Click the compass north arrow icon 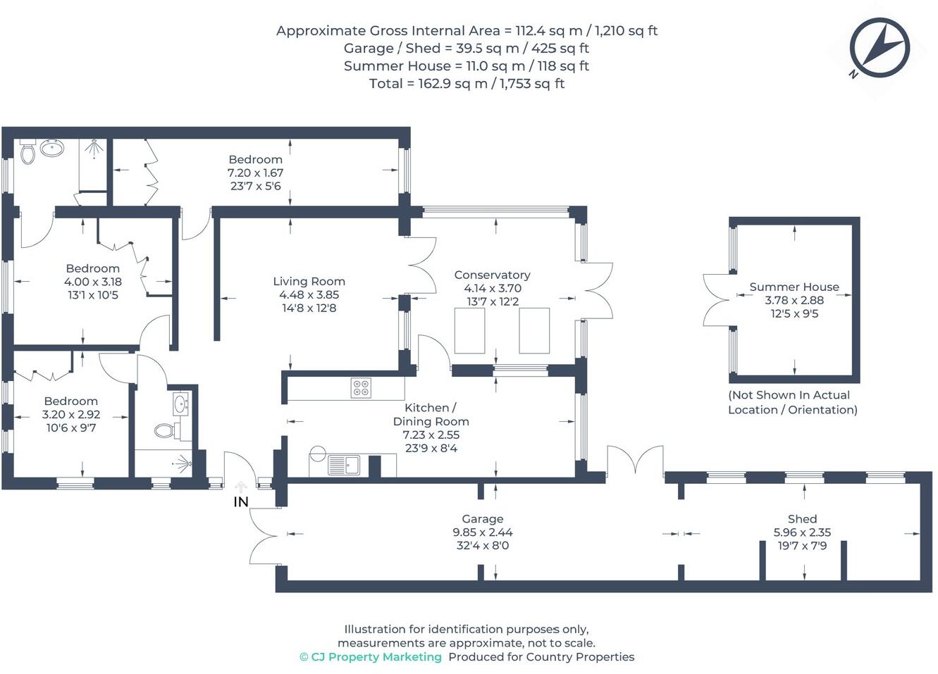point(879,48)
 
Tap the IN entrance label point(241,502)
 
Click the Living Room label point(309,281)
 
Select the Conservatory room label point(492,275)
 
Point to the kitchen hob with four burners point(361,388)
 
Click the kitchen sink point(343,466)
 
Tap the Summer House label point(794,287)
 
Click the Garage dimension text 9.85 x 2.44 point(483,532)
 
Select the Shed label point(802,519)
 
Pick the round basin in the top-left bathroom point(51,148)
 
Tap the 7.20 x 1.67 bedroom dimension point(255,173)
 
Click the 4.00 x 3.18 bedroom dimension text point(92,282)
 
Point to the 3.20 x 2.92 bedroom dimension point(71,415)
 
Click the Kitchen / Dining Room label point(431,415)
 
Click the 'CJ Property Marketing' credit point(371,657)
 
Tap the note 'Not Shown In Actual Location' point(792,402)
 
